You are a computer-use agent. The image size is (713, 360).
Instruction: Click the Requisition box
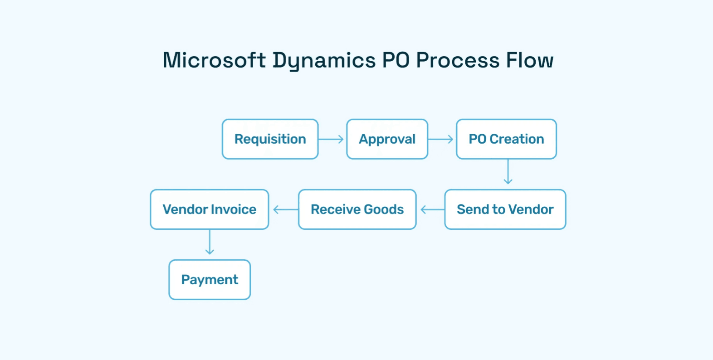270,139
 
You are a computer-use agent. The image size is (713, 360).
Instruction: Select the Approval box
387,139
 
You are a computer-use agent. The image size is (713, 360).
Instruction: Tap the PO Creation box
506,139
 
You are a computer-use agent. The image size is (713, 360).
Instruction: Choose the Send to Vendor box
505,209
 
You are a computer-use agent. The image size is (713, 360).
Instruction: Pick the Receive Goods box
357,209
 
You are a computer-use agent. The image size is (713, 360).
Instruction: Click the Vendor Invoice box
209,209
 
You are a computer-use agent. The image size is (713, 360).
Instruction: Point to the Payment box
210,280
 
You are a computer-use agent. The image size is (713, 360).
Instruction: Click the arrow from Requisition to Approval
332,139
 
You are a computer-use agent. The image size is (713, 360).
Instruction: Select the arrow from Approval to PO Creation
441,139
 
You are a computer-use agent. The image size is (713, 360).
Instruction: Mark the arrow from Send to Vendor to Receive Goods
432,209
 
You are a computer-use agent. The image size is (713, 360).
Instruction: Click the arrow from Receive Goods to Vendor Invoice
285,209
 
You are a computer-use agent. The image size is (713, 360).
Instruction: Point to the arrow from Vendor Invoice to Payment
210,243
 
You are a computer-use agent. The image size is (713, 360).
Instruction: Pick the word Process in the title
458,60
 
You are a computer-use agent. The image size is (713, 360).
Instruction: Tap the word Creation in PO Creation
517,139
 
